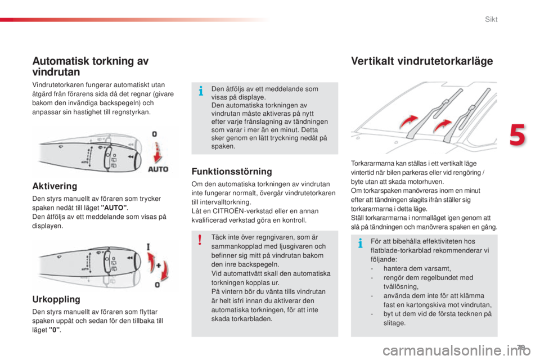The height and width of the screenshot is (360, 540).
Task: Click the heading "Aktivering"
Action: pyautogui.click(x=55, y=185)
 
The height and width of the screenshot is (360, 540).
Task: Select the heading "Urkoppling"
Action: pyautogui.click(x=56, y=299)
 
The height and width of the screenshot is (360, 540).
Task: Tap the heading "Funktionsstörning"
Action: pyautogui.click(x=232, y=171)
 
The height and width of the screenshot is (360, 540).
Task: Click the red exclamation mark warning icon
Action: pyautogui.click(x=200, y=241)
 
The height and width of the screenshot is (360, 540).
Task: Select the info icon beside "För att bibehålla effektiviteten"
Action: pyautogui.click(x=359, y=242)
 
